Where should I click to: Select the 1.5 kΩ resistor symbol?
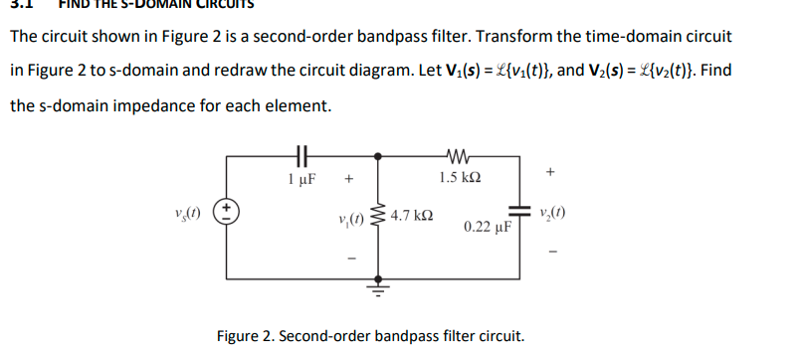[460, 154]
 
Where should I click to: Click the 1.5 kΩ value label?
[460, 179]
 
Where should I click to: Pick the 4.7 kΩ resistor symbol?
[377, 215]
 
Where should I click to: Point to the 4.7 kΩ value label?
[412, 215]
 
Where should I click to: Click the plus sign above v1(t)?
[348, 181]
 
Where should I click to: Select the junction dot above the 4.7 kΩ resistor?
[377, 155]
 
